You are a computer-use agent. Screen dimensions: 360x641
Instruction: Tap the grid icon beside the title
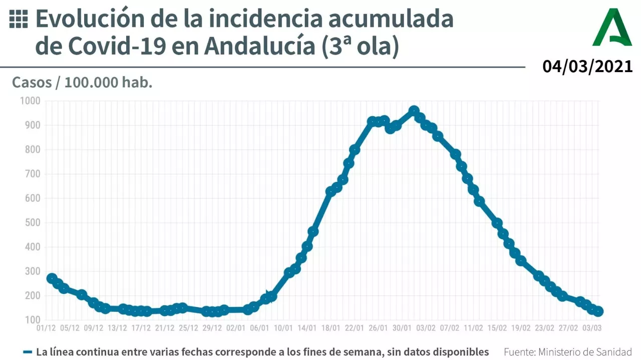pos(19,19)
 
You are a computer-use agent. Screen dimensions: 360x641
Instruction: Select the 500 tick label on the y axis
pos(32,223)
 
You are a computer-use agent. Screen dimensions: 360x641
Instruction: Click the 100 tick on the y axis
pos(32,320)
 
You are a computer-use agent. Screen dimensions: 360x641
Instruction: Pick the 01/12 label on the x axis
pos(46,328)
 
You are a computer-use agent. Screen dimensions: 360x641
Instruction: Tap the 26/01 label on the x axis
pos(378,328)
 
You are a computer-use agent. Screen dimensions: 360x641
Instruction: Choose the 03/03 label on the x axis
pos(591,328)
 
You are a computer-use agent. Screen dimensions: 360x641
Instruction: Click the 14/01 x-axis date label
pos(307,328)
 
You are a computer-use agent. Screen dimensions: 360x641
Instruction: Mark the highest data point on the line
pos(414,111)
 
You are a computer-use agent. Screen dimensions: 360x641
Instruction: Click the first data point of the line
pos(52,278)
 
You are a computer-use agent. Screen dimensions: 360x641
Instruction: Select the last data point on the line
pos(598,311)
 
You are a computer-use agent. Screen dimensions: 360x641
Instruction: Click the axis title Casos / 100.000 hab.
pos(82,83)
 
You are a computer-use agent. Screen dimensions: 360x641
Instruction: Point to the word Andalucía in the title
pos(257,47)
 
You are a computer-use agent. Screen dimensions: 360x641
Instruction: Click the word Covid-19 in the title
pos(117,47)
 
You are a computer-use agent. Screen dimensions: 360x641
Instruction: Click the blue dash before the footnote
pos(28,352)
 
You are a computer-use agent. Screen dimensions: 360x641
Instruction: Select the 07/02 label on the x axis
pos(449,328)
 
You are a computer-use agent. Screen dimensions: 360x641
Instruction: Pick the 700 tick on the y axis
pos(32,174)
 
